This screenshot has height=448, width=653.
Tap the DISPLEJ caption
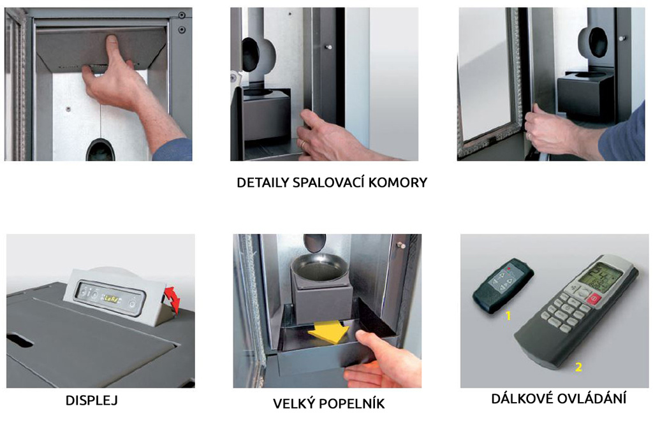pyautogui.click(x=92, y=400)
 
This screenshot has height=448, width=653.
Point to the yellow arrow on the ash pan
pyautogui.click(x=328, y=333)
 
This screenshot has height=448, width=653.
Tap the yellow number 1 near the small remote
pyautogui.click(x=508, y=316)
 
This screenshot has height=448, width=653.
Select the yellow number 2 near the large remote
pyautogui.click(x=578, y=367)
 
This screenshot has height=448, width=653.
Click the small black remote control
pyautogui.click(x=503, y=285)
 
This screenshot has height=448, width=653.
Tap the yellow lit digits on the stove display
pyautogui.click(x=111, y=298)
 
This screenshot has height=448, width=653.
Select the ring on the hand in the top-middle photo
pyautogui.click(x=304, y=144)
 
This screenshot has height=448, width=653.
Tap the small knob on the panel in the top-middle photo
pyautogui.click(x=328, y=47)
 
